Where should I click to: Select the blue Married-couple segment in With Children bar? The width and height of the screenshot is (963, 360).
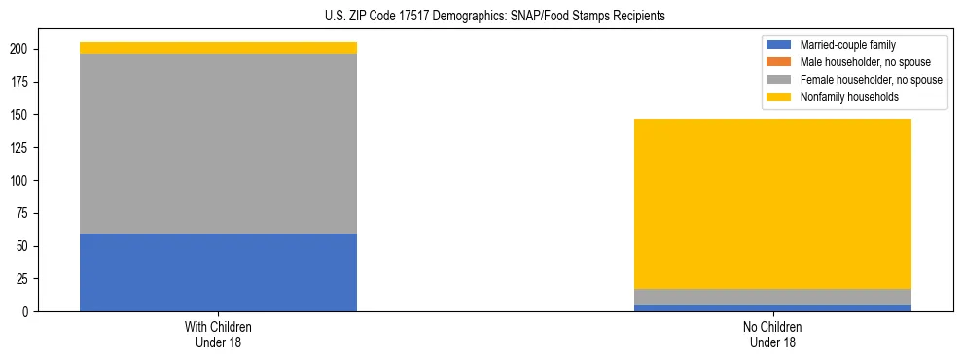[x=218, y=272]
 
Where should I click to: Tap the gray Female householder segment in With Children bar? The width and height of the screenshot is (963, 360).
[x=218, y=143]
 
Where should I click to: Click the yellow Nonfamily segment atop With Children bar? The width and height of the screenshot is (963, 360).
[x=218, y=48]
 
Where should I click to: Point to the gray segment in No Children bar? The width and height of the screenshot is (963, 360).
[x=772, y=297]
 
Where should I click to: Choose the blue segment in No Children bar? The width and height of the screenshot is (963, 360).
[x=772, y=307]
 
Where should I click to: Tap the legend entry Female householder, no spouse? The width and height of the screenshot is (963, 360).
[x=857, y=80]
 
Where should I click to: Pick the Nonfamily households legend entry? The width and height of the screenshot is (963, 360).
[x=842, y=97]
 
